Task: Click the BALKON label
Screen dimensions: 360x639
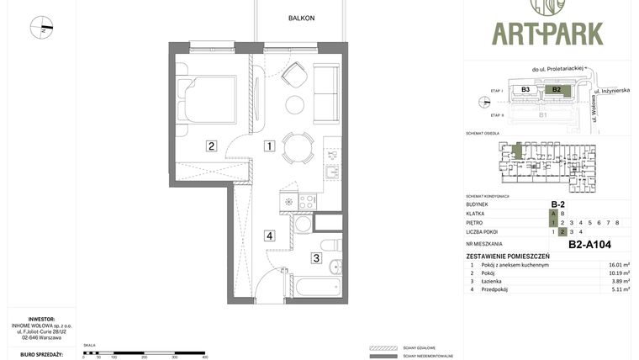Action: pos(301,18)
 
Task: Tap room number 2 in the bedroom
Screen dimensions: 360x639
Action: pos(212,146)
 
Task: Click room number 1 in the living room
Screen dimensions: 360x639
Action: pos(269,146)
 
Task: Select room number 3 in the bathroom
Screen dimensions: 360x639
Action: pos(316,258)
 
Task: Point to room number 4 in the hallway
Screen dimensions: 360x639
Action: pos(269,236)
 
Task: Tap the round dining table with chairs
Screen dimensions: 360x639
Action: pos(295,148)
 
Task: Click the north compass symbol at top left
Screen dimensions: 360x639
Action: pos(41,28)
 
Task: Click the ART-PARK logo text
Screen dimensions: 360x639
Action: pos(547,33)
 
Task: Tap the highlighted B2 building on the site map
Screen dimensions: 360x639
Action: pos(556,89)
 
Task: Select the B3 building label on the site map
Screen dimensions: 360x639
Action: pos(525,89)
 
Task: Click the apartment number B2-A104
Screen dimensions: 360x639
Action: pos(589,245)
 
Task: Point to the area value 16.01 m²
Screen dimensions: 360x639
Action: pos(619,265)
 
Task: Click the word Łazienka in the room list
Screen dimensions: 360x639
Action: pos(494,281)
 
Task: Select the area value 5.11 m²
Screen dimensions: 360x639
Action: pos(619,289)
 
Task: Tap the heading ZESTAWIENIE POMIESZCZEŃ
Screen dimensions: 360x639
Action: pos(508,256)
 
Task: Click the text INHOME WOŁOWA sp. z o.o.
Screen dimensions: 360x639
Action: pos(42,326)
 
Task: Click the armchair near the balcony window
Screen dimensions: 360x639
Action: pos(295,77)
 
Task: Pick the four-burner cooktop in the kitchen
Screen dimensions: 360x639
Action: pos(308,202)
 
